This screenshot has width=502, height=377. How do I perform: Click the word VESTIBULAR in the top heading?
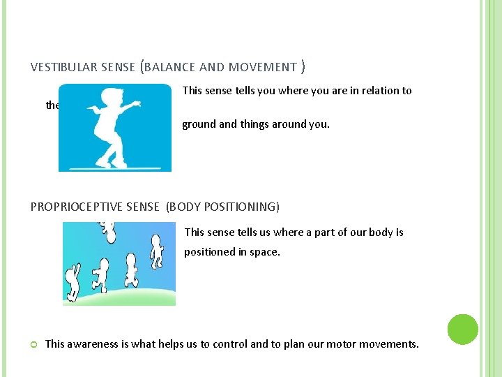(61, 67)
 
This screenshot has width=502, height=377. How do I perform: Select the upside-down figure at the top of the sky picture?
(106, 229)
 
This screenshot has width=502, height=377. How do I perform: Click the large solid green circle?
(462, 329)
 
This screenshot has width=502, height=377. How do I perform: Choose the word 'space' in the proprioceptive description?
(263, 251)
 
